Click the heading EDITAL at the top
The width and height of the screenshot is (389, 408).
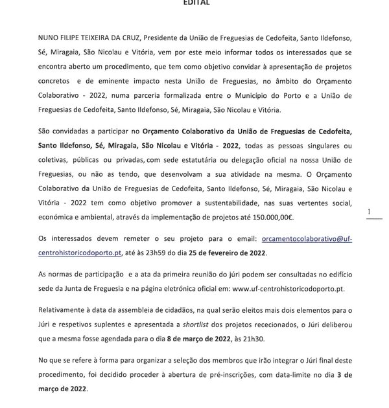coord(195,3)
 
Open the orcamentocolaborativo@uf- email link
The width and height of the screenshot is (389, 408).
coord(304,239)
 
